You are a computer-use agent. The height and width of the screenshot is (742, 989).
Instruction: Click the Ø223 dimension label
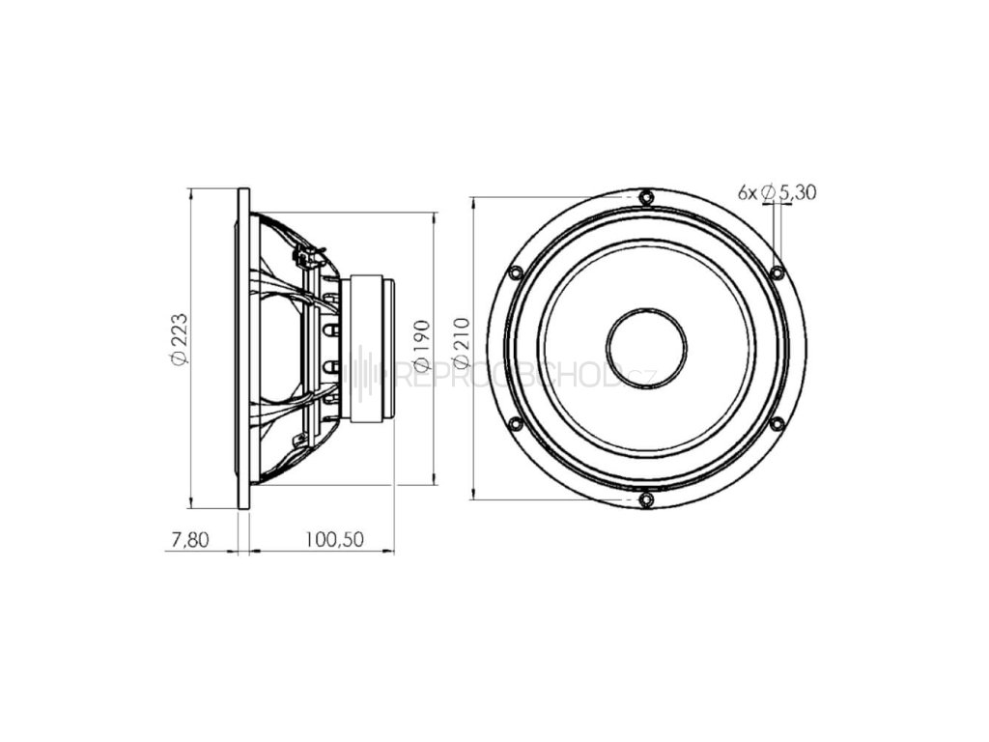[178, 339]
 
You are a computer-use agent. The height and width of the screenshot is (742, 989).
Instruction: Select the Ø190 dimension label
[421, 346]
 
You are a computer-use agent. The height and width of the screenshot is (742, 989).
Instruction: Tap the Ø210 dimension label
[462, 342]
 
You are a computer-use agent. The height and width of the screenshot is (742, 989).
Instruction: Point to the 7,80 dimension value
[189, 539]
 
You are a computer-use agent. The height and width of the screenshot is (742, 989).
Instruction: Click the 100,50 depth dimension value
[334, 539]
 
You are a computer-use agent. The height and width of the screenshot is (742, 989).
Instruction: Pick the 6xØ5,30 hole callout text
[777, 192]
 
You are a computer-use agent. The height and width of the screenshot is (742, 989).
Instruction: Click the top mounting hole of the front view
[645, 197]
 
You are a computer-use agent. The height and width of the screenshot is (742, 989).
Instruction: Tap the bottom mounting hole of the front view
[645, 499]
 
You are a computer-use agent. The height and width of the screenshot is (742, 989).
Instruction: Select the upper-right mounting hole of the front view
[777, 272]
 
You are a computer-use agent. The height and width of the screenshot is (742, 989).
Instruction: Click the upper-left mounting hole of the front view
[514, 272]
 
